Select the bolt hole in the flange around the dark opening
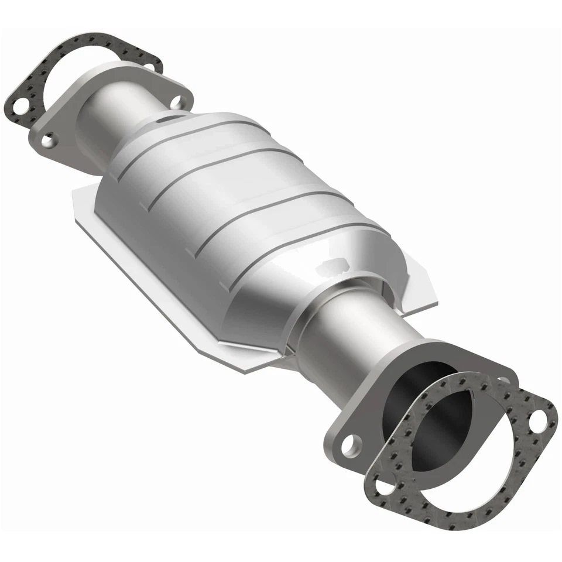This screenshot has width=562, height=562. [349, 446]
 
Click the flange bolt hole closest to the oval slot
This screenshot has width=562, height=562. [176, 102]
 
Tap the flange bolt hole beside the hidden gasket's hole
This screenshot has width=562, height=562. [49, 140]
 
